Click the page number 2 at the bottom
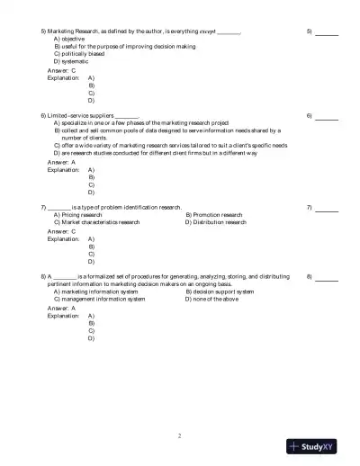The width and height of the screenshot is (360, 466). [x=179, y=435]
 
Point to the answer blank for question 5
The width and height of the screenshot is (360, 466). [x=327, y=32]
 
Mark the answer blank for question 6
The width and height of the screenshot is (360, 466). [x=327, y=117]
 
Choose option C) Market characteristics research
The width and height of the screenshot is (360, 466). [x=96, y=222]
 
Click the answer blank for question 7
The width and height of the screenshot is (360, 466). [x=327, y=209]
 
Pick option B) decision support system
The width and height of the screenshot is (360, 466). [x=220, y=291]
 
